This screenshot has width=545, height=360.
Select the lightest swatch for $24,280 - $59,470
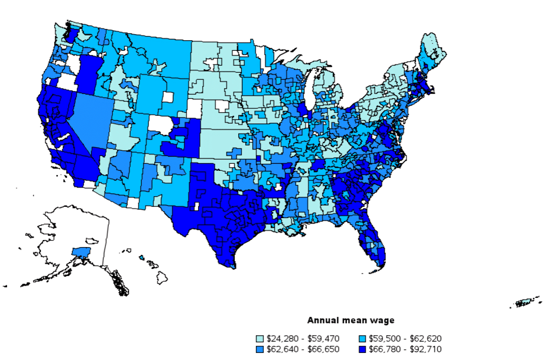(259, 339)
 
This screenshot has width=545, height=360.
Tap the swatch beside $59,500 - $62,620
(362, 339)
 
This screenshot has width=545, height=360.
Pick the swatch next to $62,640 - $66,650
(259, 349)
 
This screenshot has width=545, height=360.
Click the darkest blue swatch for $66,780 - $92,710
(362, 349)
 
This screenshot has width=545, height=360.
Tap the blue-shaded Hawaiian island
(142, 257)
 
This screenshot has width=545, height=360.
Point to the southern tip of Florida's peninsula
(378, 260)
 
